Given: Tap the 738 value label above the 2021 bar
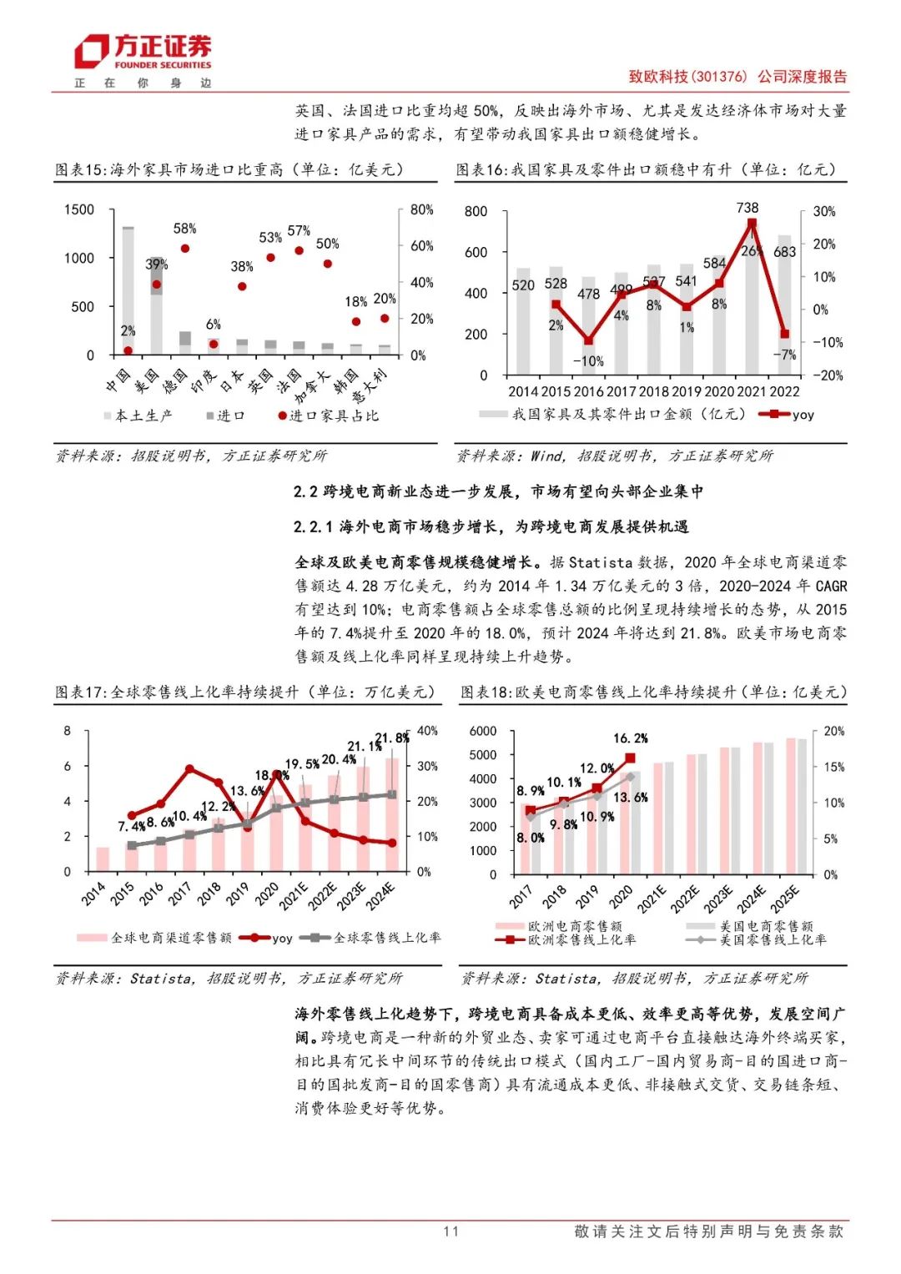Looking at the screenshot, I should point(747,208).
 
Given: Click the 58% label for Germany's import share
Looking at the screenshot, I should point(184,229).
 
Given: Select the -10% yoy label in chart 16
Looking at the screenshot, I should point(588,361).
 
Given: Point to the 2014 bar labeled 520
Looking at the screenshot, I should point(523,321).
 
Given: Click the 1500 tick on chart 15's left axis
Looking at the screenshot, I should point(79,209).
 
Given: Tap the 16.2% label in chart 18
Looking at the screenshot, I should point(630,738).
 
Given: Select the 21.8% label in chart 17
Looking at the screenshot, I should point(391,738).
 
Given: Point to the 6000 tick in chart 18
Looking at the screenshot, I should point(483,732).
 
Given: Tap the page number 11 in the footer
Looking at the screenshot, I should point(450,1231).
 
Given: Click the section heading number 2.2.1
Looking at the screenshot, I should point(313,526).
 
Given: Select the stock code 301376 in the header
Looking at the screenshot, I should point(721,77).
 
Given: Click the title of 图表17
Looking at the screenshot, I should point(244,692).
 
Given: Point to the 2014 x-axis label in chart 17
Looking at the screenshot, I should point(94,894).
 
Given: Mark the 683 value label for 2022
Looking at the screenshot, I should point(785,251).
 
